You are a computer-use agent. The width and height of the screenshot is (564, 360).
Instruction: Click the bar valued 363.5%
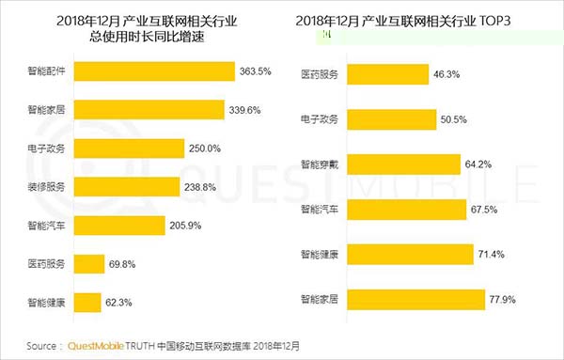(x=154, y=72)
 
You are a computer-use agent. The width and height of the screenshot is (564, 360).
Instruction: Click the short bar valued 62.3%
(x=86, y=304)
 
